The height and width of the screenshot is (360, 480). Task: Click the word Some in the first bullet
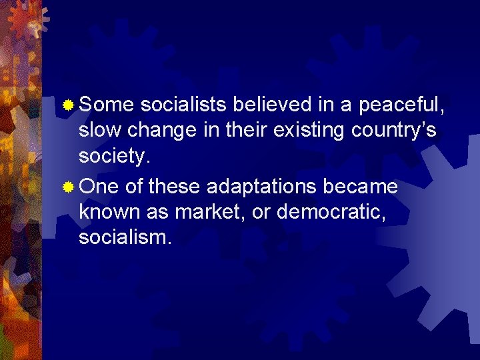pyautogui.click(x=107, y=105)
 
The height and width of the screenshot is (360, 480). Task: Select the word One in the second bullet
pyautogui.click(x=98, y=187)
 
